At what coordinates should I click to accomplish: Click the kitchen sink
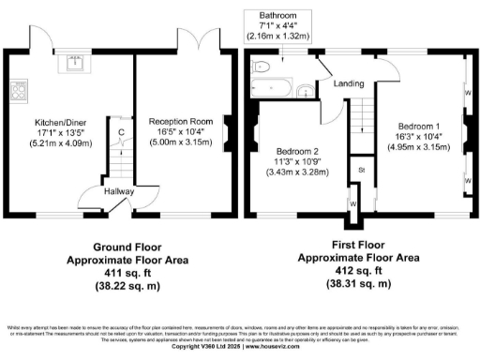click(x=73, y=64)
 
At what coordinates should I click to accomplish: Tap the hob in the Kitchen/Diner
click(x=16, y=92)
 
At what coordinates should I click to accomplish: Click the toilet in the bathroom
click(x=262, y=65)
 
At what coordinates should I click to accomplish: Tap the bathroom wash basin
click(x=306, y=92)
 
